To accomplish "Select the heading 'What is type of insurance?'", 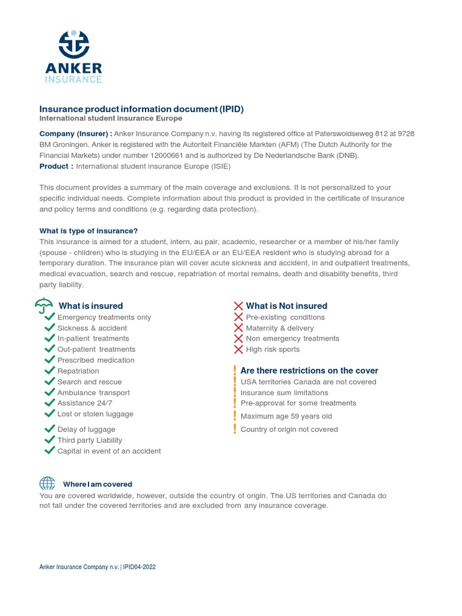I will [x=88, y=231].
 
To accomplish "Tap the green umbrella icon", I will [x=44, y=306].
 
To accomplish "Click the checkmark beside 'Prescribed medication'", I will [x=50, y=360].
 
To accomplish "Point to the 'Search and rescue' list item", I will [x=89, y=382].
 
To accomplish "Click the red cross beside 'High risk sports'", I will [x=238, y=349].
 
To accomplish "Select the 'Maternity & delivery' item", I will [x=280, y=328].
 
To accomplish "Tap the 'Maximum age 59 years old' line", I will [x=286, y=416].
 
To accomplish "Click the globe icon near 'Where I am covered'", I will [x=47, y=484].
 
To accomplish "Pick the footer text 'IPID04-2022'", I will [x=140, y=567].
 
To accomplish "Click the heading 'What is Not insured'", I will [x=286, y=306].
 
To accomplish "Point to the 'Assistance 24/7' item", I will [x=84, y=403].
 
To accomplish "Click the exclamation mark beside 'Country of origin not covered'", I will [x=235, y=429].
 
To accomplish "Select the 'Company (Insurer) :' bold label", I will [x=75, y=134].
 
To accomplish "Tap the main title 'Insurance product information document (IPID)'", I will [x=141, y=109].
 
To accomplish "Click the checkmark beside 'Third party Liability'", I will [x=50, y=440].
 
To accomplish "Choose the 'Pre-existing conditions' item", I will [x=285, y=317].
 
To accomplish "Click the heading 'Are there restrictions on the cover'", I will [x=309, y=371].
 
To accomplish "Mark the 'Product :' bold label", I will [x=57, y=166].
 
